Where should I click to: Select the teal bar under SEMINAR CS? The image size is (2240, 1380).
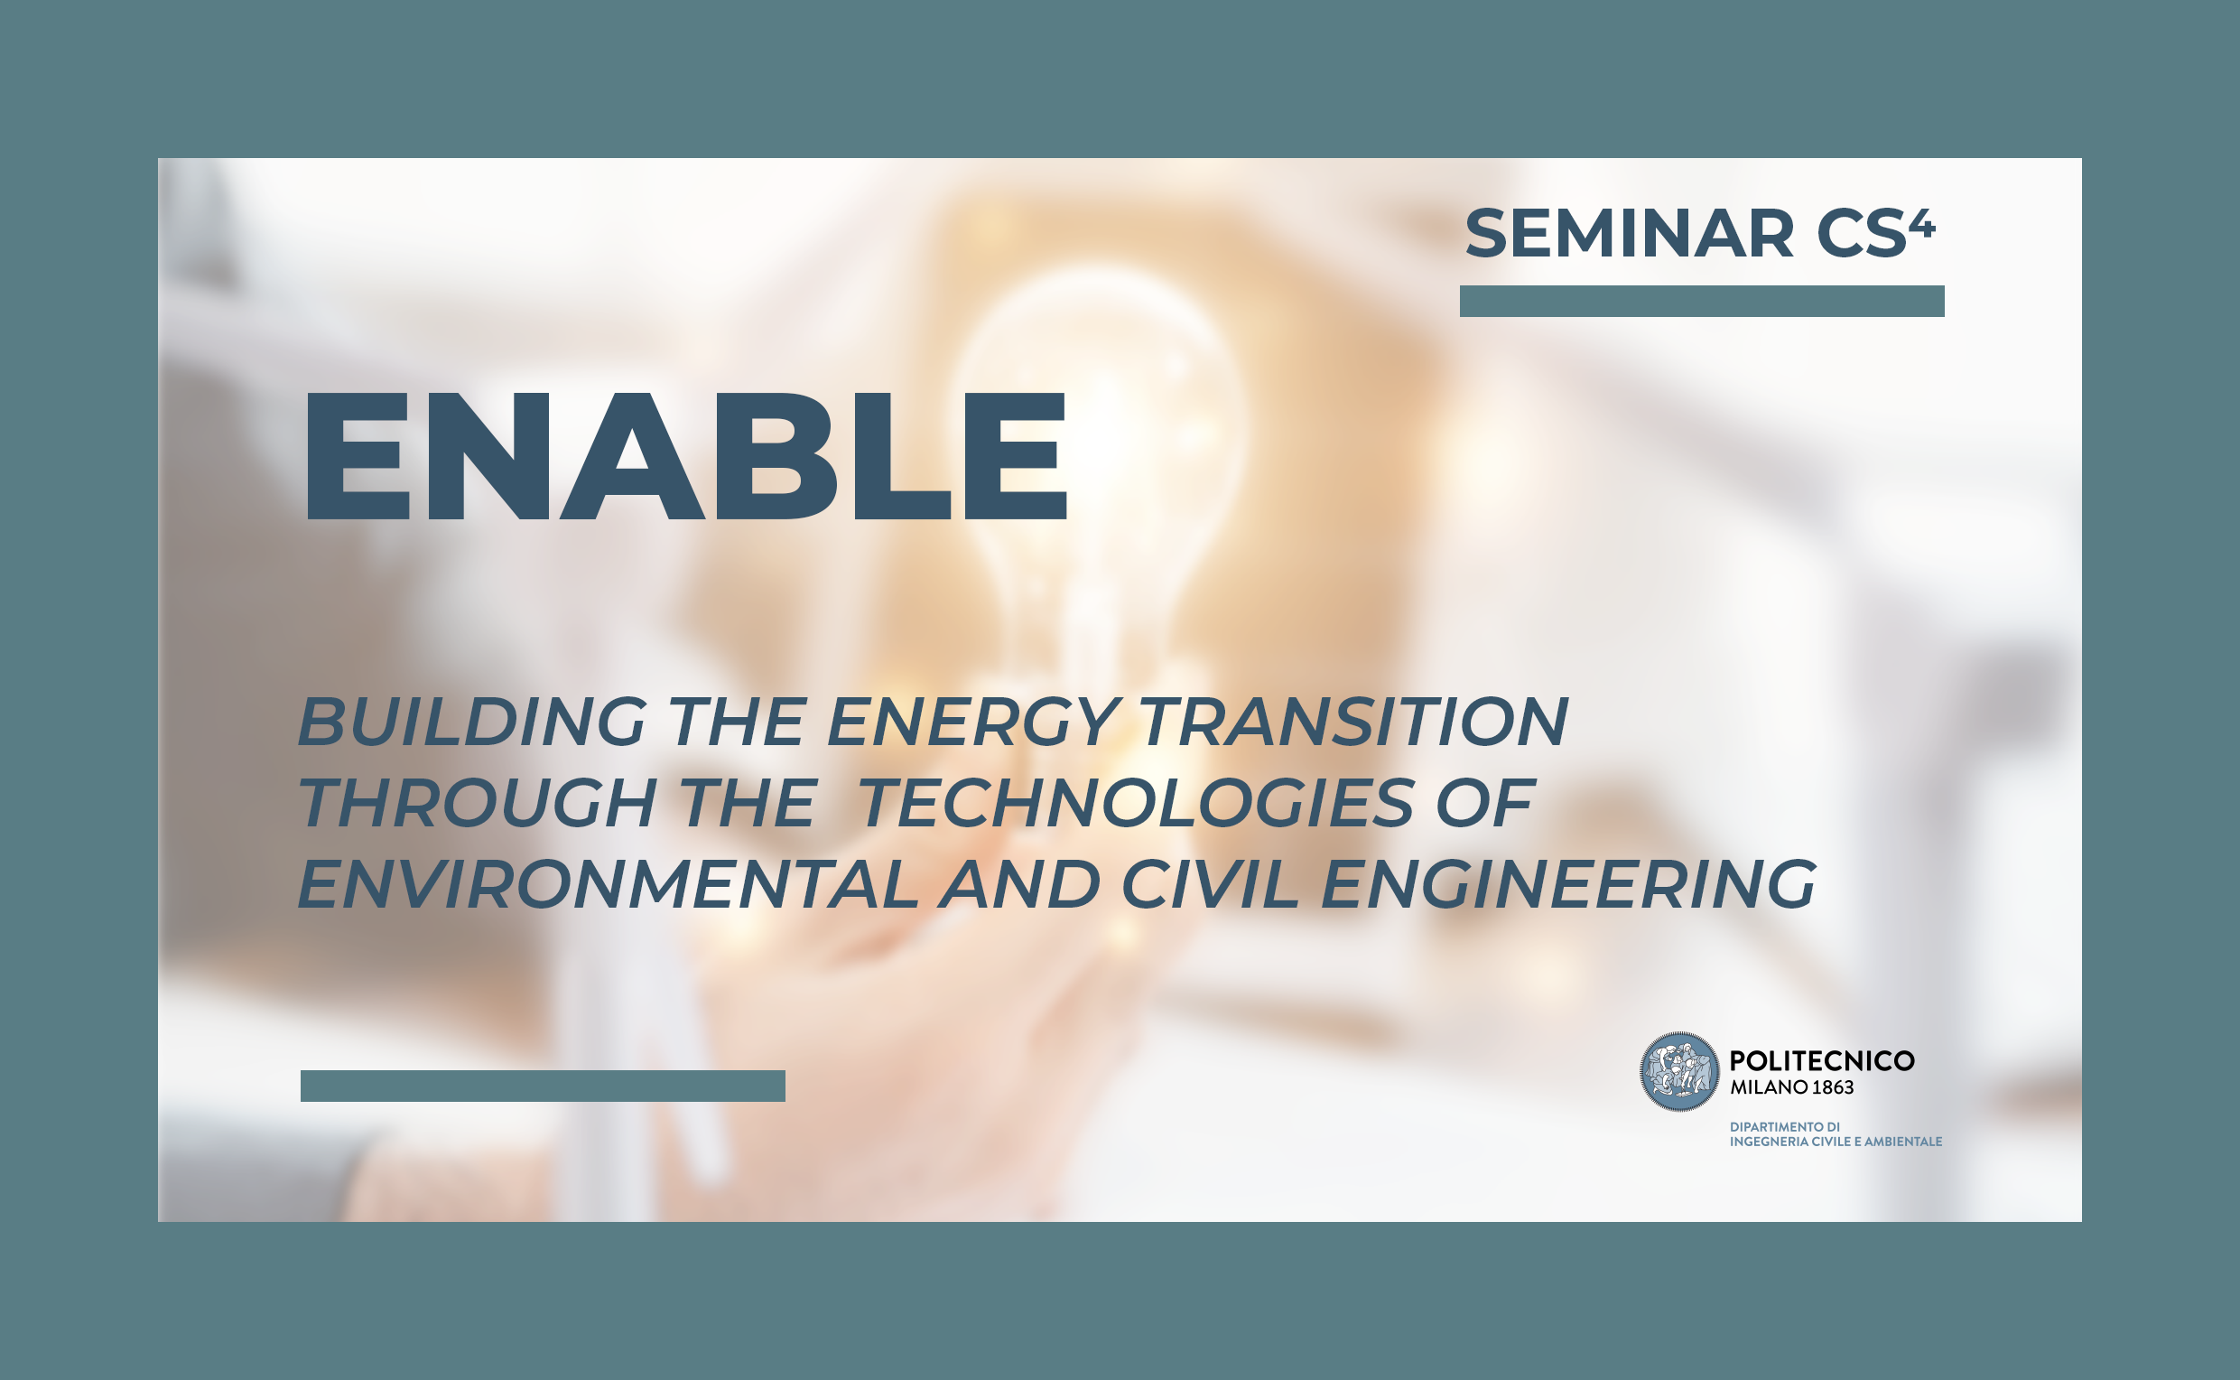pos(1702,301)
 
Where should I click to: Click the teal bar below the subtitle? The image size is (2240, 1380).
pos(543,1086)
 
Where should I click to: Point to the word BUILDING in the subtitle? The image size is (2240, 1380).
pos(472,721)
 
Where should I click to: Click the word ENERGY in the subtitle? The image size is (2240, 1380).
pos(973,721)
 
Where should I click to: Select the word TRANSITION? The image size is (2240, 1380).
pos(1354,721)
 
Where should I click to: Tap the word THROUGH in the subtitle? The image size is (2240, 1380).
pos(478,803)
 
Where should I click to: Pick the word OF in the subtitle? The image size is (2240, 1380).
pos(1485,803)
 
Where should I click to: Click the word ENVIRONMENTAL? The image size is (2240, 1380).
pos(608,884)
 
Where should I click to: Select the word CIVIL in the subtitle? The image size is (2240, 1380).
pos(1210,884)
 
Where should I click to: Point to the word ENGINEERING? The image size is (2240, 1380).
pos(1568,884)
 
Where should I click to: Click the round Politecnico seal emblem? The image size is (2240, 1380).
pos(1679,1071)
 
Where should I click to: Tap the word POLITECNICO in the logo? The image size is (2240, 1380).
pos(1822,1060)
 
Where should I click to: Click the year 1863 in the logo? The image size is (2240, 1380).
pos(1833,1087)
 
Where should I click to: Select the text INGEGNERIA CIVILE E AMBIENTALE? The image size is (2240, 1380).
pos(1836,1142)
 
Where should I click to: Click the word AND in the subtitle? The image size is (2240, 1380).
pos(1020,884)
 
